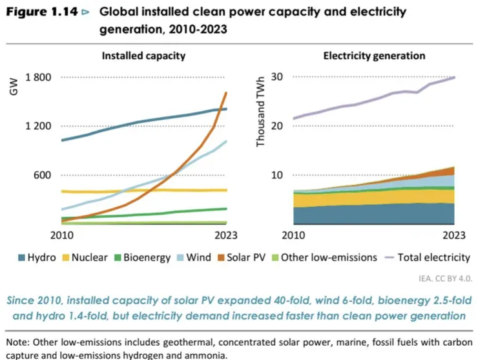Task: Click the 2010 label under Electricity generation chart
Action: coord(294,234)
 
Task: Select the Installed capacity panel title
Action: coord(143,56)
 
